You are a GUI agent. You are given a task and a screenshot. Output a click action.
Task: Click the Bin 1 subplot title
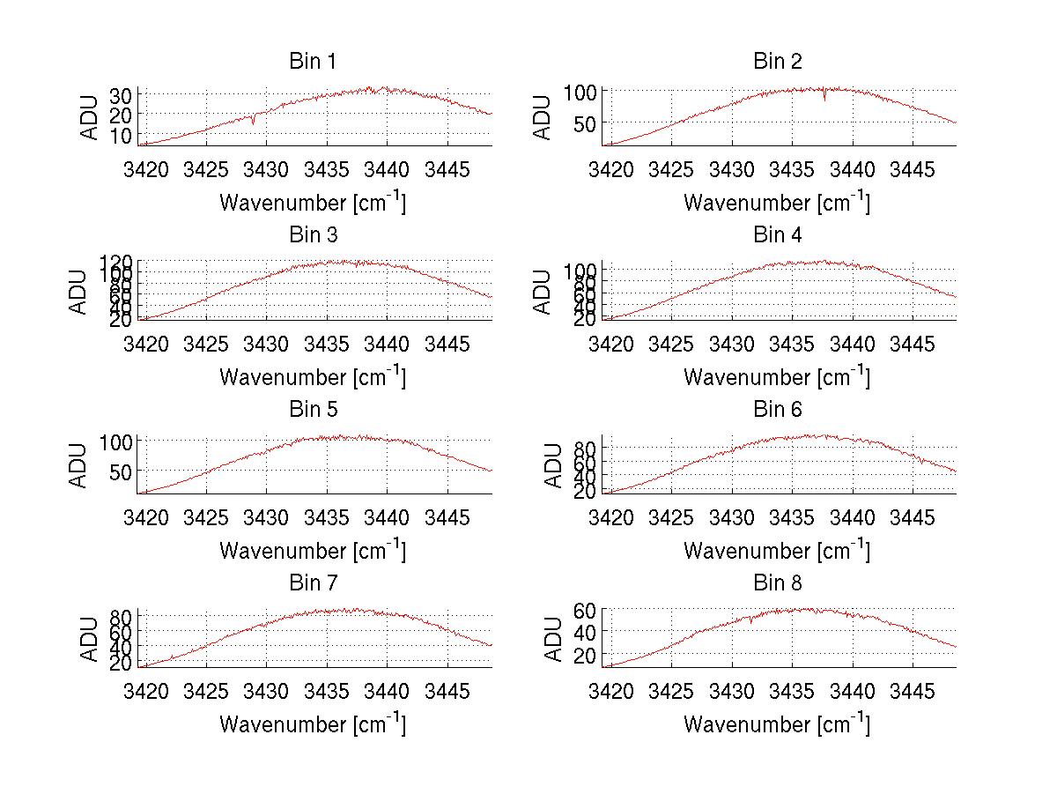tap(313, 62)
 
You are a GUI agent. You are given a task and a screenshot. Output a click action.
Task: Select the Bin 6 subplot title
tap(778, 410)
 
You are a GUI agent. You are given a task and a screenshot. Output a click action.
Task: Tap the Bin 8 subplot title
tap(778, 583)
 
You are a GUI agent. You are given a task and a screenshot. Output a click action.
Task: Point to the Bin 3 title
tap(313, 235)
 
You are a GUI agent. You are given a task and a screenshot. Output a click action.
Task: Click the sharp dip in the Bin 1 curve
tap(254, 122)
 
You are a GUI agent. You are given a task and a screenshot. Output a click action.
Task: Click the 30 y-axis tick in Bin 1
tap(122, 94)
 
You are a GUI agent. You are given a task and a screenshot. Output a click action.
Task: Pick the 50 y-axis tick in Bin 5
tap(122, 471)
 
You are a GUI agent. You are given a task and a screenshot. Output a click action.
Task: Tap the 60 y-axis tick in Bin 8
tap(586, 610)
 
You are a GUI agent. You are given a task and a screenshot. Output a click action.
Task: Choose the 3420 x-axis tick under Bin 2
tap(610, 167)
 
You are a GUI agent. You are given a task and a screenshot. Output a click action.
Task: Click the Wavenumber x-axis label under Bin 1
tap(313, 202)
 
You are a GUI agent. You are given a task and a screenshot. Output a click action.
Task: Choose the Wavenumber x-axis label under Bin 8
tap(777, 724)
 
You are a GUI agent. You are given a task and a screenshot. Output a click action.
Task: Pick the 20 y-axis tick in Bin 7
tap(122, 664)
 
